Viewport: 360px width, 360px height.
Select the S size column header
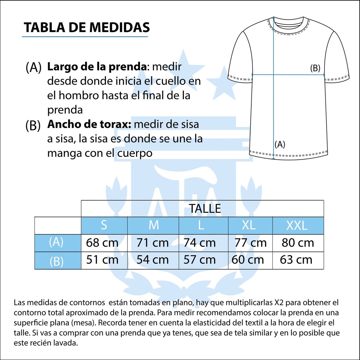(104, 225)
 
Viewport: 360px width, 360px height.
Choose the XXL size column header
(297, 225)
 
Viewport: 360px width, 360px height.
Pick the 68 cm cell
(102, 243)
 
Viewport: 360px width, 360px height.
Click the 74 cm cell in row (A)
(200, 243)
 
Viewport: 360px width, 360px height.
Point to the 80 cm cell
(298, 243)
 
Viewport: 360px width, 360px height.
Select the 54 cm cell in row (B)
(153, 260)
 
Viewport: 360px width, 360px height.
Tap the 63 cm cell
(296, 260)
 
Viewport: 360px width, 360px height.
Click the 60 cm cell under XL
(247, 260)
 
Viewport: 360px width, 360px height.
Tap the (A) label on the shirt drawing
(279, 144)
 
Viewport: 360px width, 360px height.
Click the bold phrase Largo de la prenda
(96, 66)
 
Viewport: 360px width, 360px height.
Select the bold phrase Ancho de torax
(89, 124)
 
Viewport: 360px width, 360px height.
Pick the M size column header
(154, 225)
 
